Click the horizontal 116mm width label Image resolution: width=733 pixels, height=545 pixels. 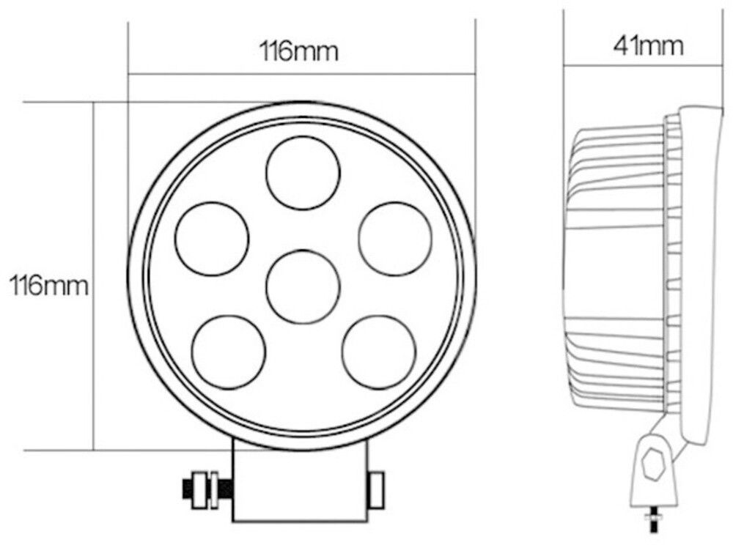point(299,51)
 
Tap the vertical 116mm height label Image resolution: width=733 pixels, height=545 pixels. point(48,286)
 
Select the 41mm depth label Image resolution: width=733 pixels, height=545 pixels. point(649,45)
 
